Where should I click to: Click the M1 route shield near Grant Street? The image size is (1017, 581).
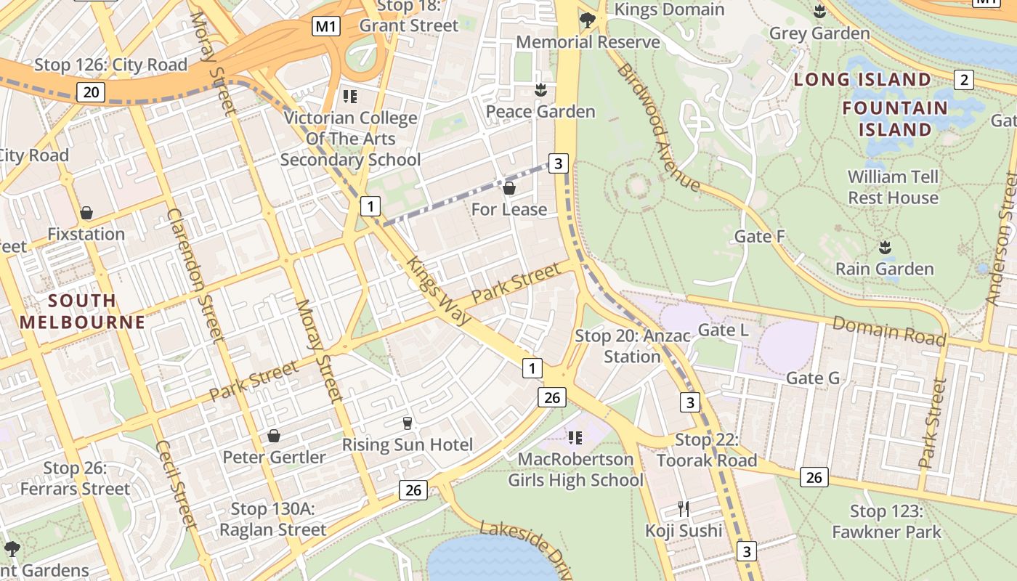326,27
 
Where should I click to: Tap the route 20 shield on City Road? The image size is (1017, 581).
90,92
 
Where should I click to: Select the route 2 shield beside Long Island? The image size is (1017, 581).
964,80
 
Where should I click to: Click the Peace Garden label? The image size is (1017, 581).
540,111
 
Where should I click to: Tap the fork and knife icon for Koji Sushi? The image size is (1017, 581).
683,508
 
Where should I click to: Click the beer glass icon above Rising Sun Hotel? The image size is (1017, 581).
407,423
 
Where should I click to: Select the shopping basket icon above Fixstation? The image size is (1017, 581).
86,213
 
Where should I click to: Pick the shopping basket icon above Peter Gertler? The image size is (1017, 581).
274,436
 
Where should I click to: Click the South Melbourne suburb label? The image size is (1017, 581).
82,311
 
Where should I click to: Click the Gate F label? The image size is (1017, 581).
760,236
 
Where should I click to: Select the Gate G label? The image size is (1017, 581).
813,378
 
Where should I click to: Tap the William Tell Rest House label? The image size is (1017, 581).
893,187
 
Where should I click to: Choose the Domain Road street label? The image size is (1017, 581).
889,330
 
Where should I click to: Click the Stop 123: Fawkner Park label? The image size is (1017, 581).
886,521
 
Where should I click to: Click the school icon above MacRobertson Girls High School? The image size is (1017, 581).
575,437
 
